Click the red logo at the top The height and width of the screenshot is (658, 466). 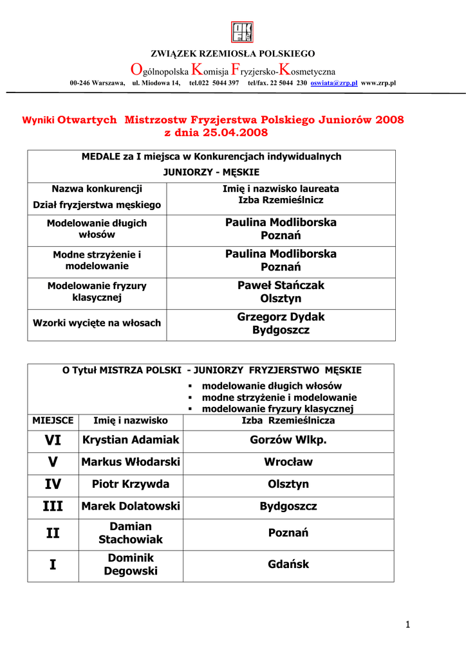coord(242,32)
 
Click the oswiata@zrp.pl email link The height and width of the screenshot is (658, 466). coord(334,84)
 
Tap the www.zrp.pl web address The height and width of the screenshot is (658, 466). coord(378,84)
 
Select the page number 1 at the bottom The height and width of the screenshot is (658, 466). coord(408,625)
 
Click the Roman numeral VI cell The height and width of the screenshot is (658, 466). coord(53,440)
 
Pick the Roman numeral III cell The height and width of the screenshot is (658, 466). coord(53,506)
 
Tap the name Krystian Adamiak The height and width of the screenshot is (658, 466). coord(131,440)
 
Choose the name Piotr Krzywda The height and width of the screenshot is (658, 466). coord(131,484)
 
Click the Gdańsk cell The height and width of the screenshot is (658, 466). coord(288,564)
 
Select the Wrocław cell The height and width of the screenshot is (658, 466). coord(288,462)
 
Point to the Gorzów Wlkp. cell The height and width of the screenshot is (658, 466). coord(288,440)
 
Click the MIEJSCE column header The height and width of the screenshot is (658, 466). coord(53,421)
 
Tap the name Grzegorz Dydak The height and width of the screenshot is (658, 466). coord(281,317)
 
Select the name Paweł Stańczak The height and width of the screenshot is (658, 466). coord(281,285)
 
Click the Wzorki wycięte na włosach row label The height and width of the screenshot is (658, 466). coord(97,323)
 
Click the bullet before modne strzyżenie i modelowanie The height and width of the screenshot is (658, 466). coord(191,398)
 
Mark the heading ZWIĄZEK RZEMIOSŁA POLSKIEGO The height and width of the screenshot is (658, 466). coord(232,53)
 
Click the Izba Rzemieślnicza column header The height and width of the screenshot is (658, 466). coord(288,421)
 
